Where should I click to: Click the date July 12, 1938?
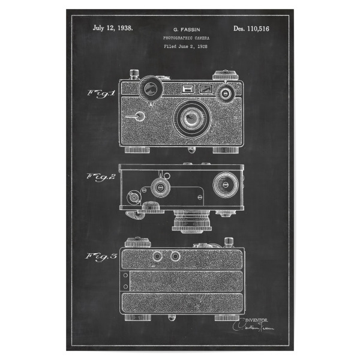pyautogui.click(x=113, y=28)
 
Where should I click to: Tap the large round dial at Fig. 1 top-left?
pyautogui.click(x=150, y=89)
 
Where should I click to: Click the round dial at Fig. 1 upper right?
pyautogui.click(x=226, y=94)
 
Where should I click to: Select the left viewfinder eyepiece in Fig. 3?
pyautogui.click(x=158, y=256)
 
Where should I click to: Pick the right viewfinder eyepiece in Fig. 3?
pyautogui.click(x=175, y=256)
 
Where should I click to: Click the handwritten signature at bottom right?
pyautogui.click(x=253, y=326)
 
